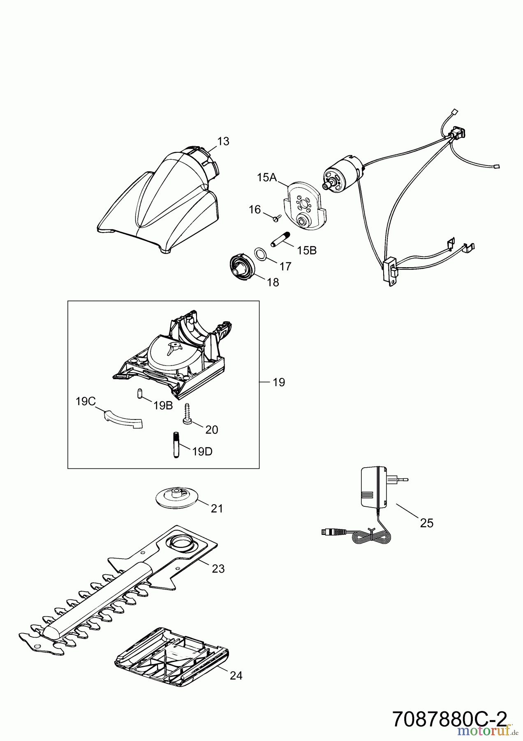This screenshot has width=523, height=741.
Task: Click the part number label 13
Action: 223,142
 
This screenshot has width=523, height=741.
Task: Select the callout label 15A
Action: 267,178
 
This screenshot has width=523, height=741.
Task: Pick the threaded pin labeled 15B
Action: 280,239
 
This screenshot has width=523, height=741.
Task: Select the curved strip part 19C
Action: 122,419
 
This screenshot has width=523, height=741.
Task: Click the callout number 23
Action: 218,569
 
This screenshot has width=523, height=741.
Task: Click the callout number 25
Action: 427,523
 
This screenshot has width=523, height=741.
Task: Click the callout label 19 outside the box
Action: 279,382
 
